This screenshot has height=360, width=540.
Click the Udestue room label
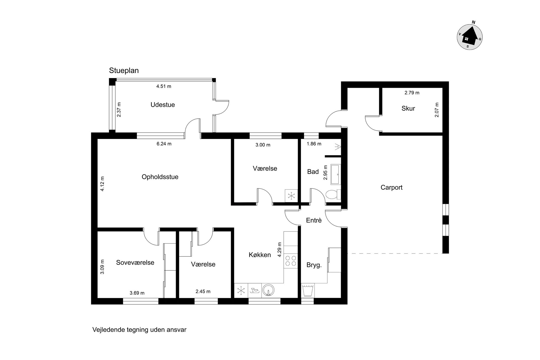[x=162, y=105]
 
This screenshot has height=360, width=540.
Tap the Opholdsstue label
[x=160, y=177]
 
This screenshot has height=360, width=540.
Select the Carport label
[x=391, y=187]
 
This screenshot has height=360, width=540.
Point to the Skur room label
[x=408, y=108]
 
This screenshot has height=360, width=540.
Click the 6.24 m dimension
[x=164, y=144]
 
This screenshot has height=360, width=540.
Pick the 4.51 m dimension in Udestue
[x=164, y=86]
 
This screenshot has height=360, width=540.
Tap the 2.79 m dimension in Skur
[x=412, y=93]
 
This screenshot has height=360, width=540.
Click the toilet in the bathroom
[x=333, y=195]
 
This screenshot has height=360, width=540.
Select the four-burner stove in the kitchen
[x=291, y=261]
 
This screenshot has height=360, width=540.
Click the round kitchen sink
[x=268, y=290]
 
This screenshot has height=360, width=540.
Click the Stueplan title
[x=124, y=70]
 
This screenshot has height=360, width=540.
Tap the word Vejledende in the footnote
[x=109, y=330]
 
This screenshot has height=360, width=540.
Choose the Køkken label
[x=260, y=255]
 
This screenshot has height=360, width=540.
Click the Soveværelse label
[x=135, y=263]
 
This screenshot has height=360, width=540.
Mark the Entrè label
[x=314, y=220]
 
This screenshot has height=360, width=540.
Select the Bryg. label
[x=314, y=265]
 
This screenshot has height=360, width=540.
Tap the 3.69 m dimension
[x=137, y=293]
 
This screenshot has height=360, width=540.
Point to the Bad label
[x=313, y=172]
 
